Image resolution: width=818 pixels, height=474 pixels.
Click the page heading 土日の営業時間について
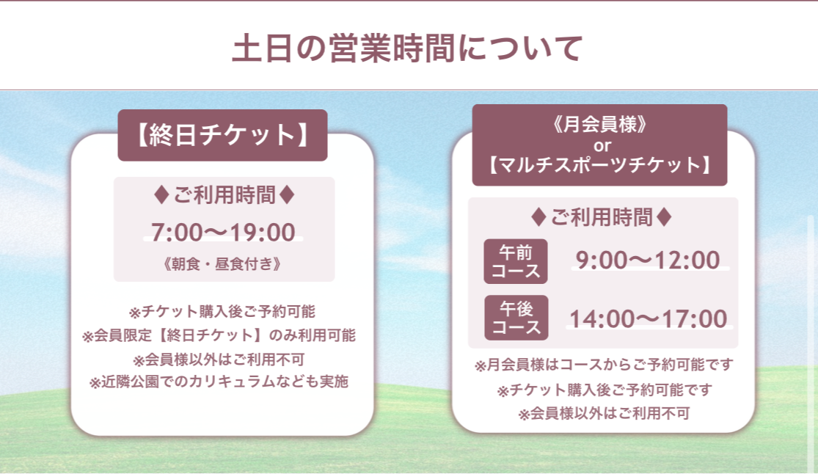click(x=407, y=48)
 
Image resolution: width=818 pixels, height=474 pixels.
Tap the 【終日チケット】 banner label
click(x=223, y=135)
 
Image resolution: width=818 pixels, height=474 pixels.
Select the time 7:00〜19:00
click(x=223, y=233)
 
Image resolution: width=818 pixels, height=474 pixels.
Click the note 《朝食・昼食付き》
click(x=223, y=263)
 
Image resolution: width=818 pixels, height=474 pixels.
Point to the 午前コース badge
click(x=516, y=261)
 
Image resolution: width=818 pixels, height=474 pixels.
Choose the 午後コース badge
click(x=516, y=318)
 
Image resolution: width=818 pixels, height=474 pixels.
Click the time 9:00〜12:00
click(x=648, y=260)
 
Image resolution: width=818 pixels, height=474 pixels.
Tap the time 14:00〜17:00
click(x=649, y=318)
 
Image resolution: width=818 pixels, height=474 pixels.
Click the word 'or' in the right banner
click(x=602, y=145)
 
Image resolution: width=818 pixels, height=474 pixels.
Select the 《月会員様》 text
click(x=600, y=124)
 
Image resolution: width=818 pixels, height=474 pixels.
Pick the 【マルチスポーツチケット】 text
click(x=600, y=165)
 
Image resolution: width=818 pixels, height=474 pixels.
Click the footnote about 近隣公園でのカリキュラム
click(x=219, y=382)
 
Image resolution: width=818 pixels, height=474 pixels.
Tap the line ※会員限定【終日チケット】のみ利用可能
click(x=219, y=335)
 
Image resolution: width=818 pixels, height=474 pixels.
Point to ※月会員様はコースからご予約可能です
click(x=604, y=365)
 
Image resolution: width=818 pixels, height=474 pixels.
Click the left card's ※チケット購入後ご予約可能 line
click(x=222, y=312)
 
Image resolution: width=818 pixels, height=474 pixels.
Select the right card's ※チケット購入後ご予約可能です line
click(x=604, y=390)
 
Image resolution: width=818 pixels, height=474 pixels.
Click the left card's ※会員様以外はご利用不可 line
click(x=219, y=359)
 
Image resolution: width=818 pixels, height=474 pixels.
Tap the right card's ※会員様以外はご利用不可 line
click(x=604, y=413)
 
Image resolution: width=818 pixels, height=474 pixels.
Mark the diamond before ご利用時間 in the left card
click(x=161, y=195)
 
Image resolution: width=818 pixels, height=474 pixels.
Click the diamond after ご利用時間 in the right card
click(x=664, y=217)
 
